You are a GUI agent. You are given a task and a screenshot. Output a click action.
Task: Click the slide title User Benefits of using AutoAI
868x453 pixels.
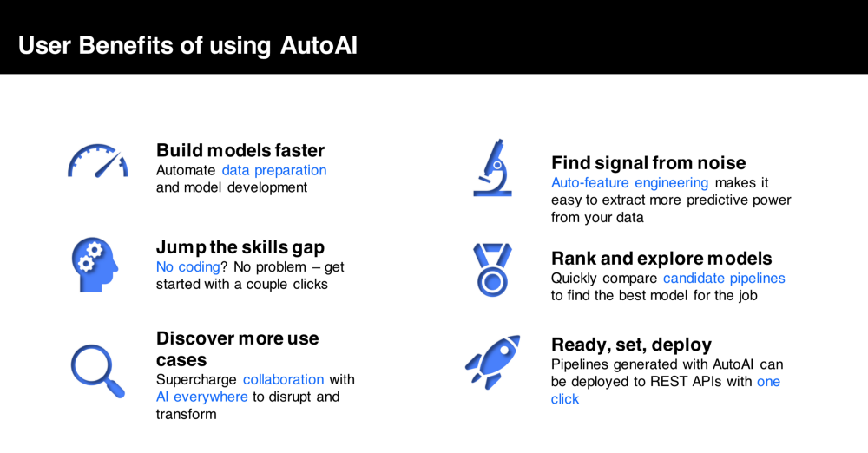tap(187, 45)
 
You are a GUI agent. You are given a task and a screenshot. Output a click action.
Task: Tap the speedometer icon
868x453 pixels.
tap(97, 161)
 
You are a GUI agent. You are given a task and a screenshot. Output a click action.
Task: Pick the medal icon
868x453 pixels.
tap(492, 269)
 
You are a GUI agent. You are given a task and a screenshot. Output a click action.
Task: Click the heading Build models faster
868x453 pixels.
tap(240, 150)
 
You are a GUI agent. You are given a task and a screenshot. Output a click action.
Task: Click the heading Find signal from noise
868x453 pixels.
tap(648, 163)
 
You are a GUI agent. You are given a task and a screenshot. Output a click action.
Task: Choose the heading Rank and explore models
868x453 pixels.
tap(661, 259)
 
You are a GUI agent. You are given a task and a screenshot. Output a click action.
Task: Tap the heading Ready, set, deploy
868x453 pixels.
tap(631, 344)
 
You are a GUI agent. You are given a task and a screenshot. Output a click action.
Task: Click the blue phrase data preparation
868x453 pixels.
tap(274, 170)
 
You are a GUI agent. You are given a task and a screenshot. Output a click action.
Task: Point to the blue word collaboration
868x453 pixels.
tap(283, 379)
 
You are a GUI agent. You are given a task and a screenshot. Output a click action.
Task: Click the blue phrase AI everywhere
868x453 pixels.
tap(202, 397)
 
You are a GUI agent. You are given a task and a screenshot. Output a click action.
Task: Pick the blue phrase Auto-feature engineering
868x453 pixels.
tap(630, 182)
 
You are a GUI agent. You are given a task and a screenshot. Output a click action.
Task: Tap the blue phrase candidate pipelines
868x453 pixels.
tap(724, 278)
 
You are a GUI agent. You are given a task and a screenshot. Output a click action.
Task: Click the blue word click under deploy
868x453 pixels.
tap(565, 399)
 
